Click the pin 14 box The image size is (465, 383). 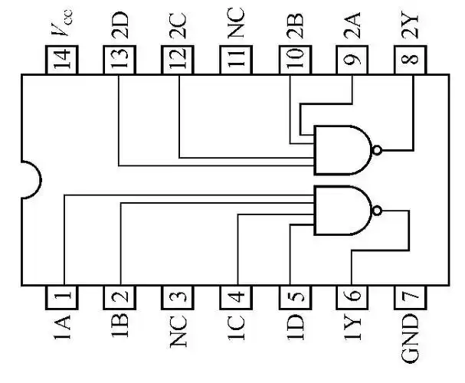tap(63, 59)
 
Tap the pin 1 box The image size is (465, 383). tap(63, 295)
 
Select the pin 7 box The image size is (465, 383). tap(410, 295)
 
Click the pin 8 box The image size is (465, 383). tap(410, 59)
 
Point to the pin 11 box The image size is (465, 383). tap(236, 59)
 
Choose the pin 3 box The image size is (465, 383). tap(178, 295)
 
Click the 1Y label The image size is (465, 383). tap(352, 327)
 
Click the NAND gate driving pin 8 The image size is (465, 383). tap(345, 149)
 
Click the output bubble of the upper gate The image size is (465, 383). tap(376, 149)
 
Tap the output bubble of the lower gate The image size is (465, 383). tap(376, 209)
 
